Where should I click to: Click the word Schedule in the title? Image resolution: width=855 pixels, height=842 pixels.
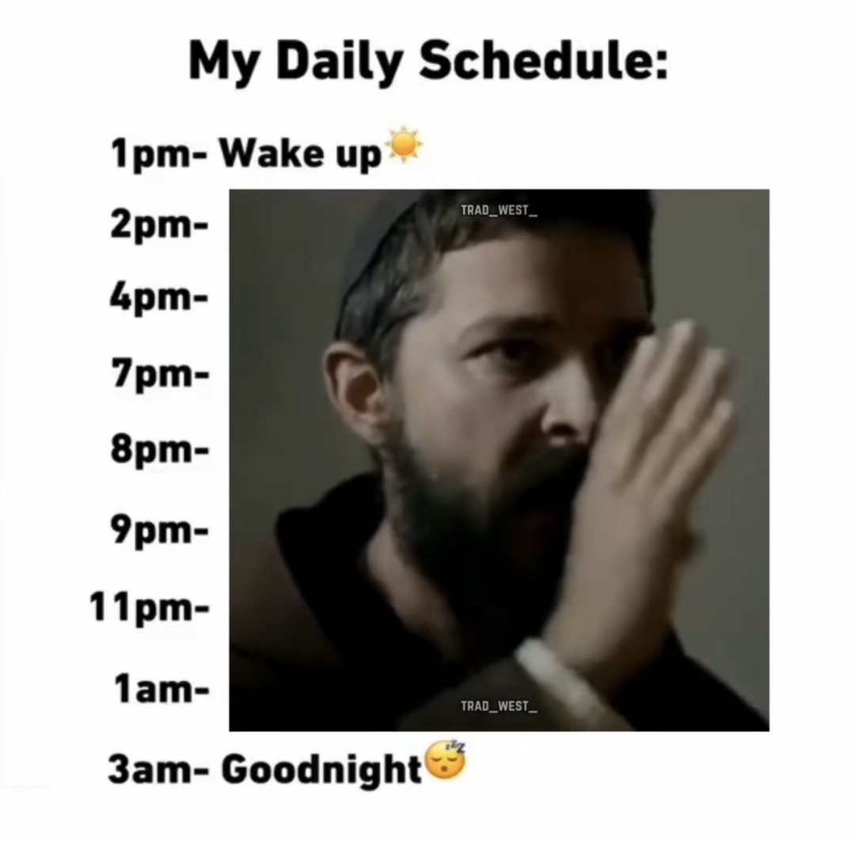[x=542, y=61]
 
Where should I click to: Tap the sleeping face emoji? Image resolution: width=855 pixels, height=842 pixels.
[x=446, y=760]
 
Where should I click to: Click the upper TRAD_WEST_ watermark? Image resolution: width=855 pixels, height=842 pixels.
[x=499, y=210]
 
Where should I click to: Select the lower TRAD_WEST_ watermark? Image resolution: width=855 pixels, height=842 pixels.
[x=499, y=706]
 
